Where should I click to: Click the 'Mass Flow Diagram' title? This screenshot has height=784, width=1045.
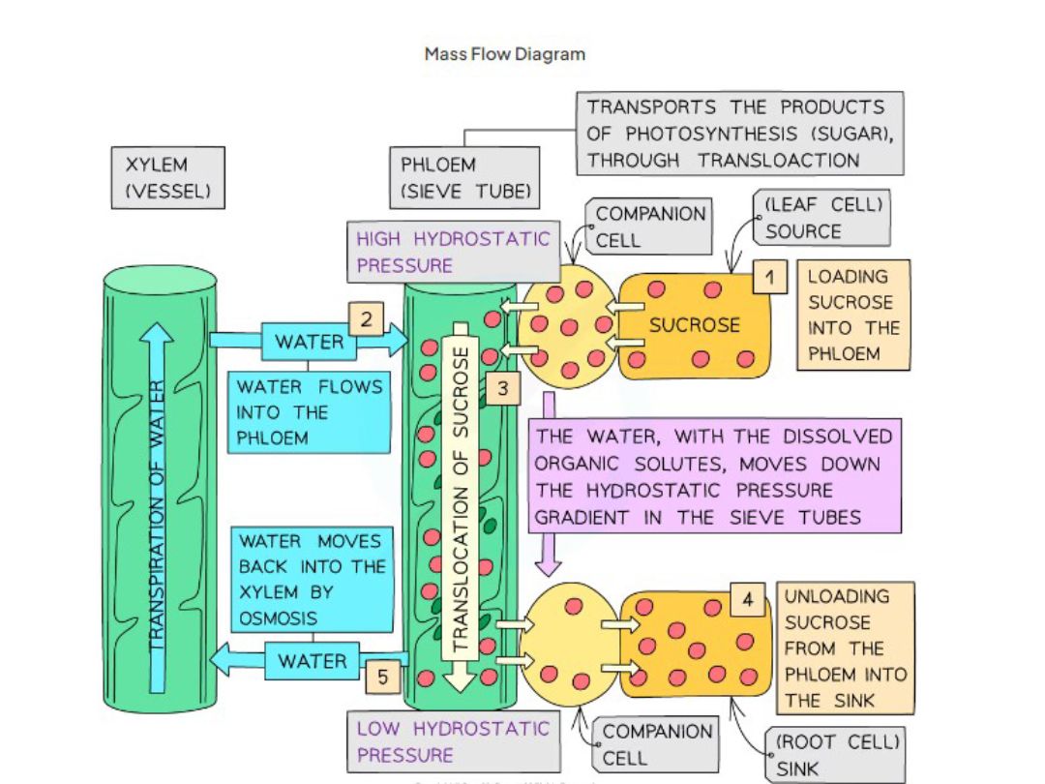click(504, 54)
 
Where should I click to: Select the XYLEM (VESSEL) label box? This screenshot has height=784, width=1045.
click(167, 177)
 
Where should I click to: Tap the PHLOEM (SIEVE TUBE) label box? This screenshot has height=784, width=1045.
click(464, 177)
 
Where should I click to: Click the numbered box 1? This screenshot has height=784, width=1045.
click(769, 278)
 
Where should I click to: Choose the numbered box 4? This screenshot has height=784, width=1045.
click(748, 600)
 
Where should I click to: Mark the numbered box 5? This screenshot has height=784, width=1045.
click(383, 678)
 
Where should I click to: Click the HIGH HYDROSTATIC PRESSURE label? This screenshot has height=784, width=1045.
click(452, 252)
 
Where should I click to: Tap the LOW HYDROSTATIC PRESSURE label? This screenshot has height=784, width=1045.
click(452, 741)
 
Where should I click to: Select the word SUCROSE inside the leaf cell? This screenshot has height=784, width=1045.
click(694, 325)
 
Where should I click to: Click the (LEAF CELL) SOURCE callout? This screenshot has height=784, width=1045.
click(822, 218)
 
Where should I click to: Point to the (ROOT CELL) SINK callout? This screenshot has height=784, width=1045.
click(837, 756)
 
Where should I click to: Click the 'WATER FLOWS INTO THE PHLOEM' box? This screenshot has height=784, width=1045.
click(309, 412)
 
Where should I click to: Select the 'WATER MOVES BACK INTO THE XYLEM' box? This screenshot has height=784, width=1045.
click(312, 579)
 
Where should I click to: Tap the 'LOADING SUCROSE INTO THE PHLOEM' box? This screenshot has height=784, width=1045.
click(852, 315)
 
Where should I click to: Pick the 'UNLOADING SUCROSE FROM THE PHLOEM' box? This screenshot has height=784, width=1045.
click(845, 648)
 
